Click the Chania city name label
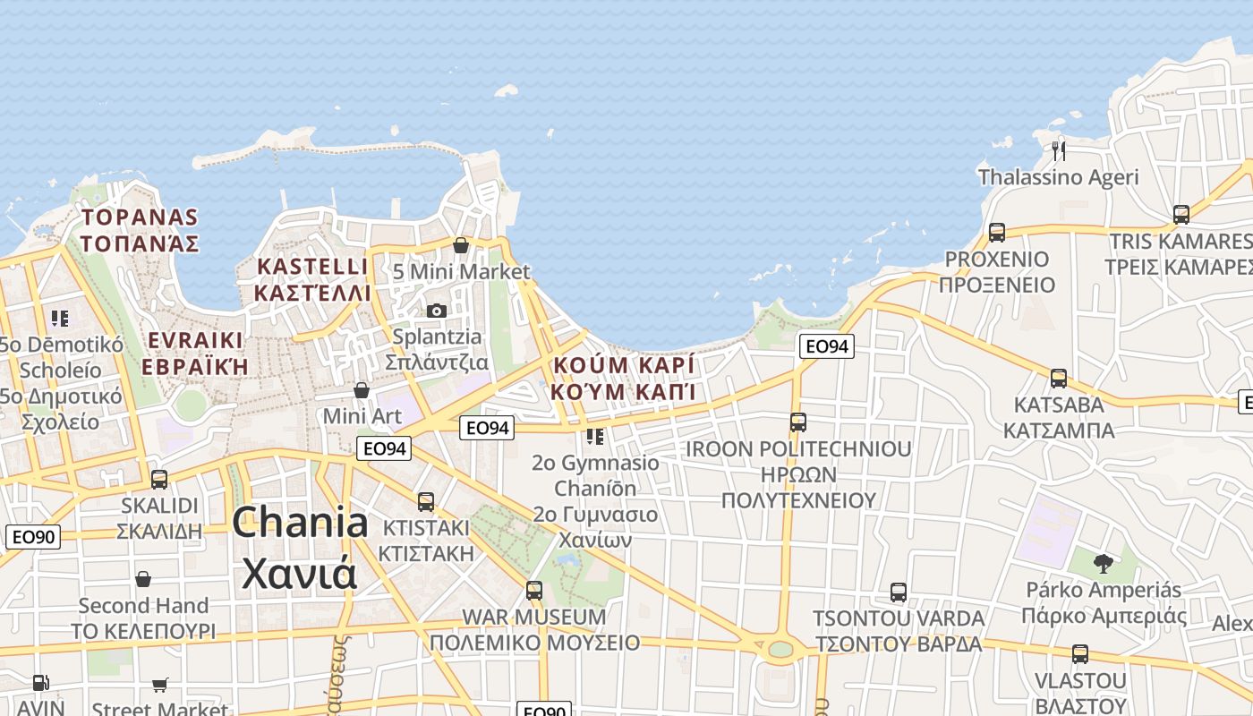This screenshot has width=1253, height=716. click(x=300, y=548)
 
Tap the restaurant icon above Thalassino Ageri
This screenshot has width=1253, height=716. click(x=1058, y=149)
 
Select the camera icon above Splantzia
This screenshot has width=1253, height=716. click(x=436, y=311)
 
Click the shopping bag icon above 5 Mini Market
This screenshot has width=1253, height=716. click(x=461, y=244)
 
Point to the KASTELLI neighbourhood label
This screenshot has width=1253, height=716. click(x=311, y=279)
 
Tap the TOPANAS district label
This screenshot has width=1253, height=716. click(x=139, y=230)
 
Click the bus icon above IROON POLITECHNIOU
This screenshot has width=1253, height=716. click(x=797, y=422)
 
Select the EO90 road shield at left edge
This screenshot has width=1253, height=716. click(x=33, y=537)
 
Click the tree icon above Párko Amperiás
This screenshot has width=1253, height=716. click(x=1103, y=563)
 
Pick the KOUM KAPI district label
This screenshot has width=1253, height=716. click(x=624, y=379)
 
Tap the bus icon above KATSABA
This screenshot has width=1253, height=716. click(x=1058, y=378)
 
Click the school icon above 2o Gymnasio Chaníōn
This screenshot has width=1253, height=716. click(x=595, y=437)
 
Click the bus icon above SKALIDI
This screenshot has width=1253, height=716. click(x=159, y=479)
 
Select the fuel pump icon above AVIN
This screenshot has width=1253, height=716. click(x=40, y=683)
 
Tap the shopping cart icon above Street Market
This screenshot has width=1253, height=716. click(x=159, y=685)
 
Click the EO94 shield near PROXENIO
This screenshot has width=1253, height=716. click(x=827, y=346)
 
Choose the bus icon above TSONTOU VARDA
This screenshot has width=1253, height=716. click(x=898, y=592)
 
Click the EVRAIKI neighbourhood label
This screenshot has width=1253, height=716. click(x=195, y=353)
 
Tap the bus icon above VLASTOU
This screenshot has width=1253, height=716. click(x=1079, y=653)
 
